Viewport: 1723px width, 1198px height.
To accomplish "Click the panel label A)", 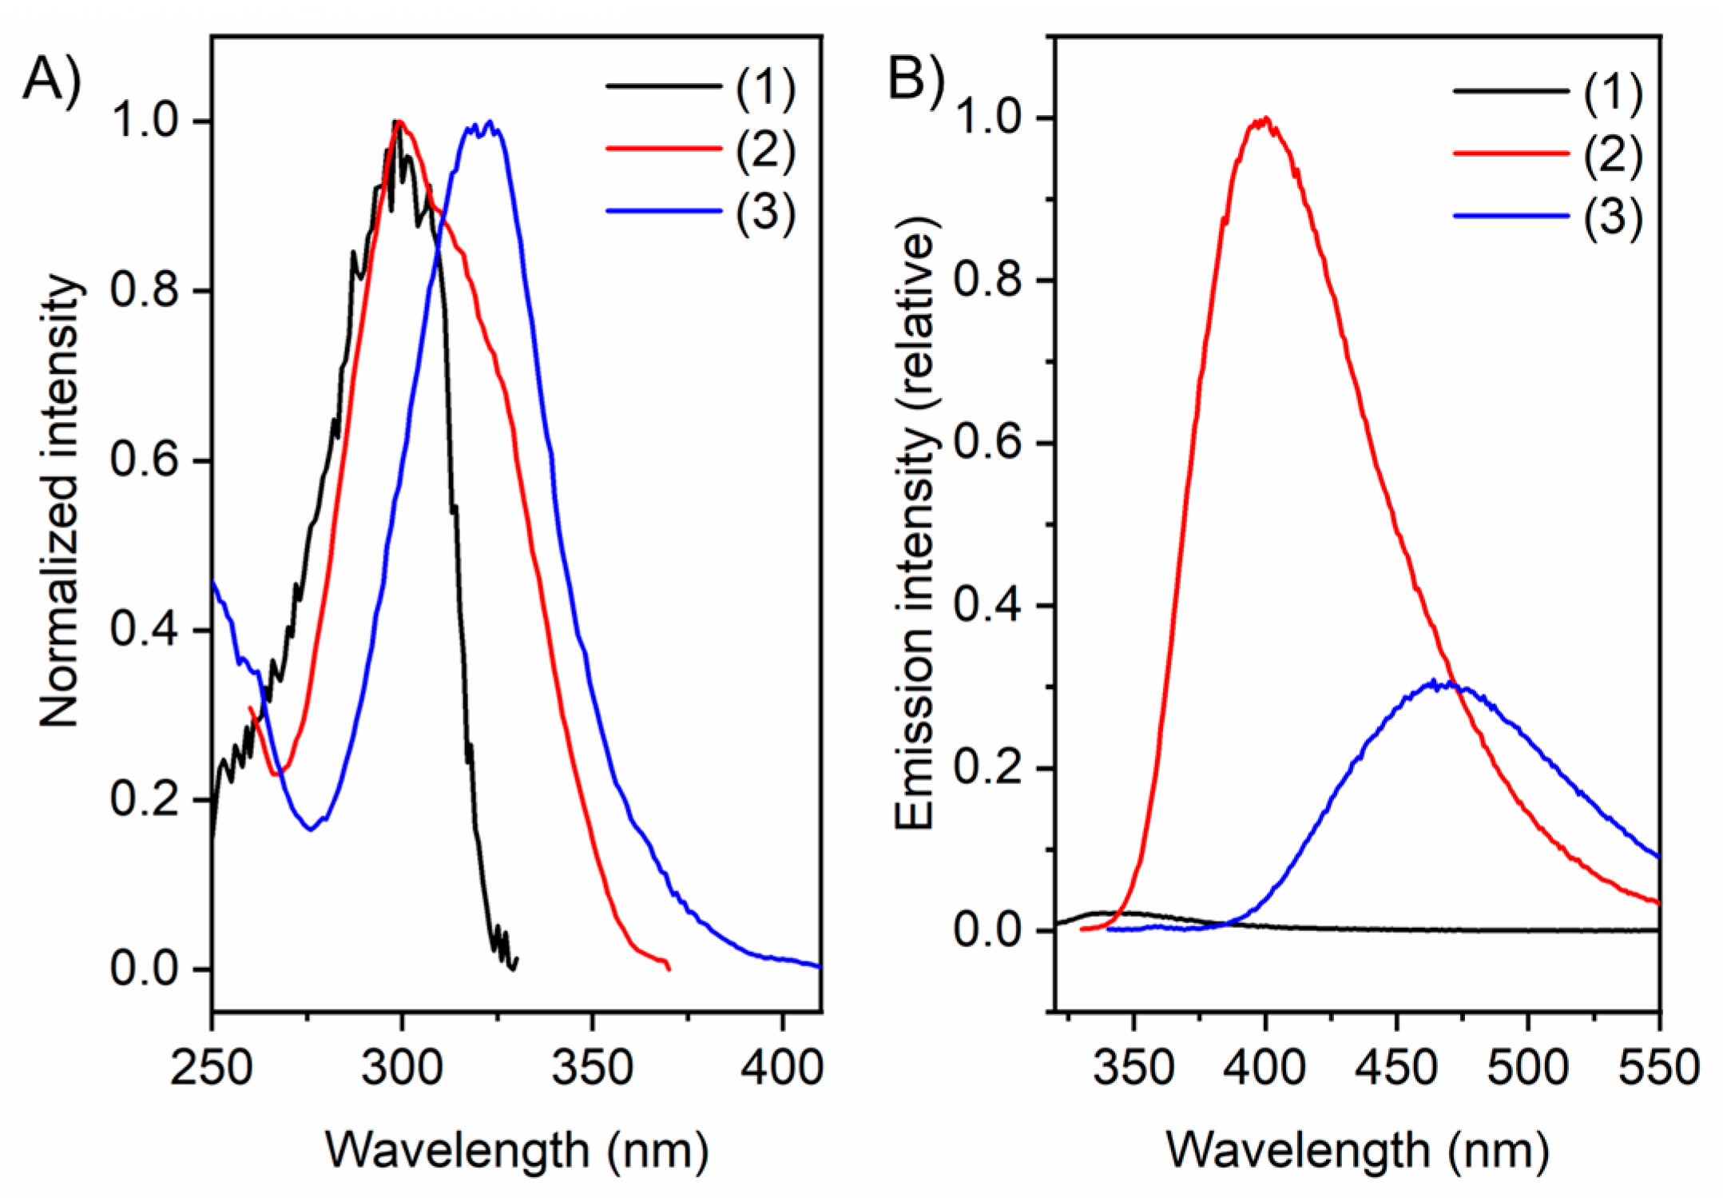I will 51,82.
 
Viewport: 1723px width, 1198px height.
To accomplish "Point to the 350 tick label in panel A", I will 592,1067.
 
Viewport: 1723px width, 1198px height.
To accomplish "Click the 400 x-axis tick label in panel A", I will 781,1067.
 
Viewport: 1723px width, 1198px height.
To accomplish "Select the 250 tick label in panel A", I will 212,1067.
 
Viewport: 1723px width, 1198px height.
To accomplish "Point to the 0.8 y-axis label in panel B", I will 988,281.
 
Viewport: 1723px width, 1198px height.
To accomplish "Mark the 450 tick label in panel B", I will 1396,1067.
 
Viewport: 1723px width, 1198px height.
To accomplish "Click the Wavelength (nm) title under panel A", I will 517,1151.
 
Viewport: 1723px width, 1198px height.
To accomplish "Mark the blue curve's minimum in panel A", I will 310,830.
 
